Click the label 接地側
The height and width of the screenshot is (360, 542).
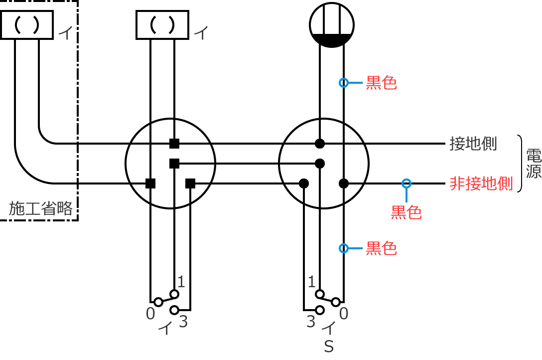473,144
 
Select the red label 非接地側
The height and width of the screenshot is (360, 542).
481,183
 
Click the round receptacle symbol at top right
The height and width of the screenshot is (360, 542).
331,25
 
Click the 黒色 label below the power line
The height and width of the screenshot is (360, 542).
406,212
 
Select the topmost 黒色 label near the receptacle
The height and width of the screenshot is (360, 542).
381,83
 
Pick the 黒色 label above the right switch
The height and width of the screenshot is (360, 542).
381,248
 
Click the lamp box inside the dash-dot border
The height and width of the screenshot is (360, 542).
27,25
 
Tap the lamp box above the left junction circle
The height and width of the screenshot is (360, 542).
162,25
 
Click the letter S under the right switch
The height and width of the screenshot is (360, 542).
329,347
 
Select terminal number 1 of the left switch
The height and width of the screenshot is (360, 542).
181,282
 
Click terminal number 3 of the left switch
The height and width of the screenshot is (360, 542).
183,322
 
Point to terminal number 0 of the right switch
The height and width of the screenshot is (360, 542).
344,314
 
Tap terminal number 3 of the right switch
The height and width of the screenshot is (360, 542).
311,322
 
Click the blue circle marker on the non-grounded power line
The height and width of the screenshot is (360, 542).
406,183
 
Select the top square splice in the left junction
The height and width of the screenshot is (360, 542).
174,144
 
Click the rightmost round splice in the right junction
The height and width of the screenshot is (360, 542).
343,183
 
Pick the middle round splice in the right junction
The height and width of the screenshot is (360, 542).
320,163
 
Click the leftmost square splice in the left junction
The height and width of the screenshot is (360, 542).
150,183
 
